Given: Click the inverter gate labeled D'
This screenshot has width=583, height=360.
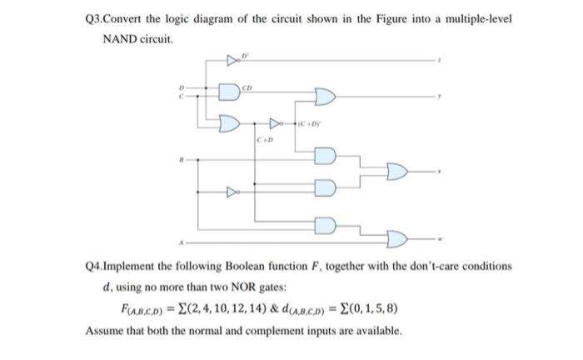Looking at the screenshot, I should (231, 61).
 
